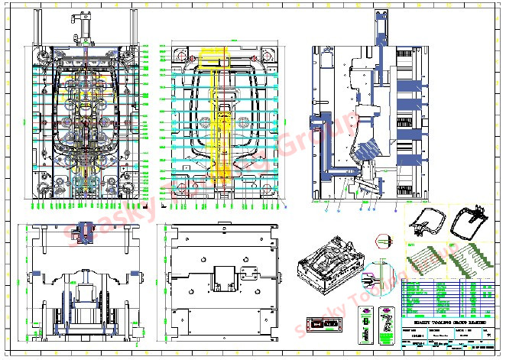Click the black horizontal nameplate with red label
click(x=322, y=325)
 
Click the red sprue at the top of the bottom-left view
click(x=84, y=225)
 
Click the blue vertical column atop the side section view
click(x=380, y=31)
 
